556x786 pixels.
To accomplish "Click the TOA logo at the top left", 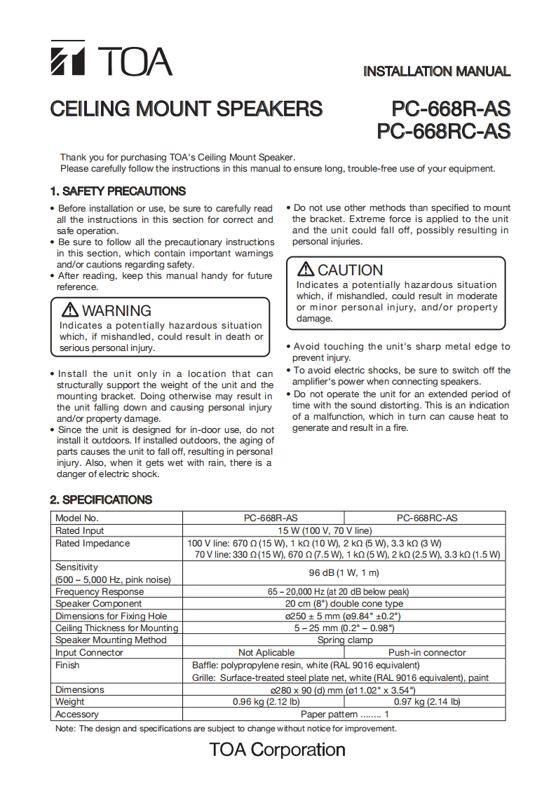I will (111, 61).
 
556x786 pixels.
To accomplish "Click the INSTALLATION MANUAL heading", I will (436, 71).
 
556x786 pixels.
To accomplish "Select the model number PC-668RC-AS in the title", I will (443, 131).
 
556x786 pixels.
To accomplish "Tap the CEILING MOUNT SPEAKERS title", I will (187, 109).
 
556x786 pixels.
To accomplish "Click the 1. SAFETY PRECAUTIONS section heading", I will (117, 191).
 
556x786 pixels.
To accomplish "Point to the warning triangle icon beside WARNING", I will (70, 310).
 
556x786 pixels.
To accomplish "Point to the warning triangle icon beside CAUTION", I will (306, 270).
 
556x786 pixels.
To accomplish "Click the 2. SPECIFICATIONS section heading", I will (101, 499).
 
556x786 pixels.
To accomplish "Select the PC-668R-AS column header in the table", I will (265, 518).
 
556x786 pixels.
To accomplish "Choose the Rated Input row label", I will (79, 531).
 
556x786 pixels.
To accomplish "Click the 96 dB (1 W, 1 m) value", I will (345, 573).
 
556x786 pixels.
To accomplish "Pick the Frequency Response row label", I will (99, 592).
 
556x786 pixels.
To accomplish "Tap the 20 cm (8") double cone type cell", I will (345, 604).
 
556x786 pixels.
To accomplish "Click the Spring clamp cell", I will (345, 640).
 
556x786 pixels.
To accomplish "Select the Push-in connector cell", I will (427, 652).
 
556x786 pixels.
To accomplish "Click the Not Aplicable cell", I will (266, 652).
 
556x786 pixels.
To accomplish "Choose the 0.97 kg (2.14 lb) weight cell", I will (427, 701).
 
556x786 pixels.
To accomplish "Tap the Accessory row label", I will (77, 714).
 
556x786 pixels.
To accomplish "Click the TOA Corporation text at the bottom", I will (277, 750).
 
